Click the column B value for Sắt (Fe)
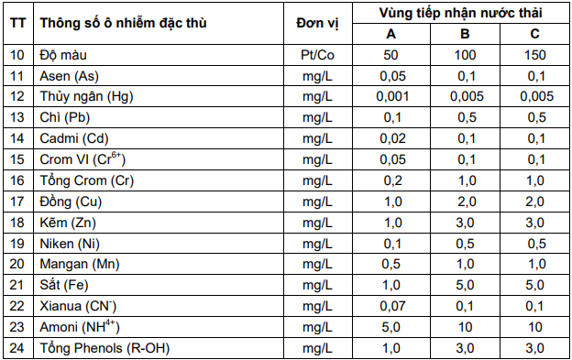(x=467, y=285)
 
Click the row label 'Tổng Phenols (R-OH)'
(x=104, y=348)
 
